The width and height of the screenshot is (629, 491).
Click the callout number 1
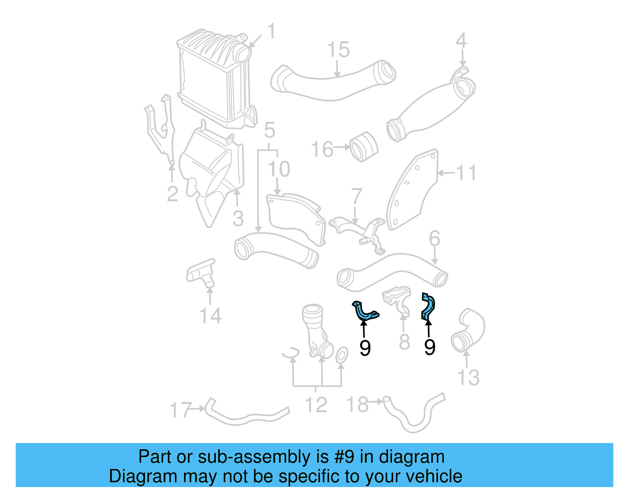[x=271, y=31]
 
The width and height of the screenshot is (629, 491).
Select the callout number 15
[x=338, y=50]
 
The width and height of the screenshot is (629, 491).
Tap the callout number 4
[x=461, y=41]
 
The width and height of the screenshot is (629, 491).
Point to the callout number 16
[x=322, y=149]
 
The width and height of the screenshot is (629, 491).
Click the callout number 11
[x=466, y=173]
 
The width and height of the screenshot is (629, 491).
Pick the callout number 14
[x=211, y=316]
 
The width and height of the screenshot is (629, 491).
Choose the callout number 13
[x=469, y=378]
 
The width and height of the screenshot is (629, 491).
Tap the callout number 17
[x=180, y=410]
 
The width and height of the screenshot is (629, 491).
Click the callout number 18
[x=357, y=405]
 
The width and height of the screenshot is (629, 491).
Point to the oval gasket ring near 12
[x=341, y=355]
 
